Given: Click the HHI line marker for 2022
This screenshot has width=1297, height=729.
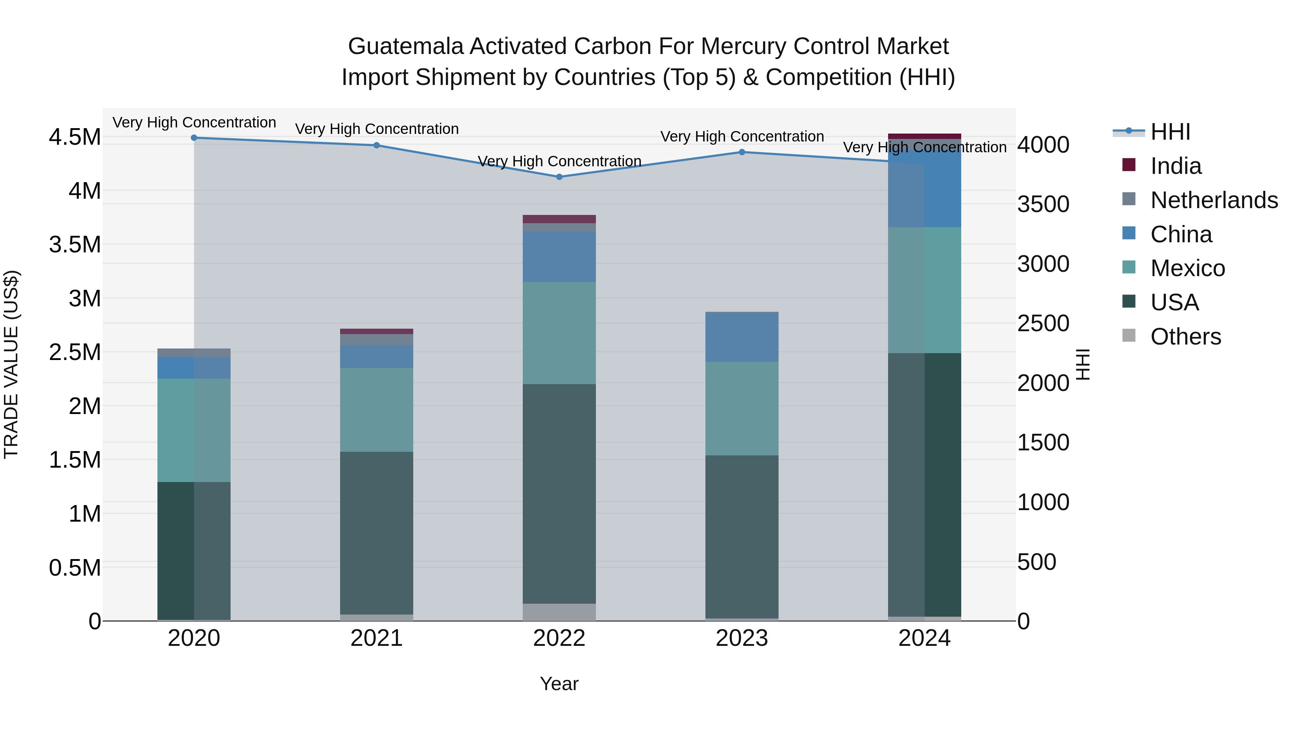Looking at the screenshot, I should tap(559, 177).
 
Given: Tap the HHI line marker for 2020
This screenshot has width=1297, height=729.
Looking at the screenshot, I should tap(194, 138).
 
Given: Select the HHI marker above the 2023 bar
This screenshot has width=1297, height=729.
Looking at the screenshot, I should tap(742, 152).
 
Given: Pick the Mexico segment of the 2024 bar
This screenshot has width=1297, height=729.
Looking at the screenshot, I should tap(924, 290).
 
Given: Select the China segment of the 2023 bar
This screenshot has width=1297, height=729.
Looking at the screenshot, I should tap(742, 337).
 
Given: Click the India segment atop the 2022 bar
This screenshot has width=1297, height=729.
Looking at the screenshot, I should tap(559, 219).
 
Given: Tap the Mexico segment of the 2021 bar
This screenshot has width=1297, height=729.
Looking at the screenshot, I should tap(376, 410).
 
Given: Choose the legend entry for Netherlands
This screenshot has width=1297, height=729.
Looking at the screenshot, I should tap(1214, 200).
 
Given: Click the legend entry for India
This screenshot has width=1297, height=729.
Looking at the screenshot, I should tap(1176, 166).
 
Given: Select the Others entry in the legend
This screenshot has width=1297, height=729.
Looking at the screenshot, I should tap(1185, 337).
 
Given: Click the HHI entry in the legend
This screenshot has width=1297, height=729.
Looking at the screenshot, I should tap(1170, 132).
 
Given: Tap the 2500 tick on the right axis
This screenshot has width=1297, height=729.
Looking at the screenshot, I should tap(1043, 324).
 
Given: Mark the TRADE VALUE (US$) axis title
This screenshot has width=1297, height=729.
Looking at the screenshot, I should tap(11, 364).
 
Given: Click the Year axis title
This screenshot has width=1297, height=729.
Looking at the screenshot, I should tap(559, 684).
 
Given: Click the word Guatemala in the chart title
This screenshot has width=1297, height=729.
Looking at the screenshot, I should tap(405, 46).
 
